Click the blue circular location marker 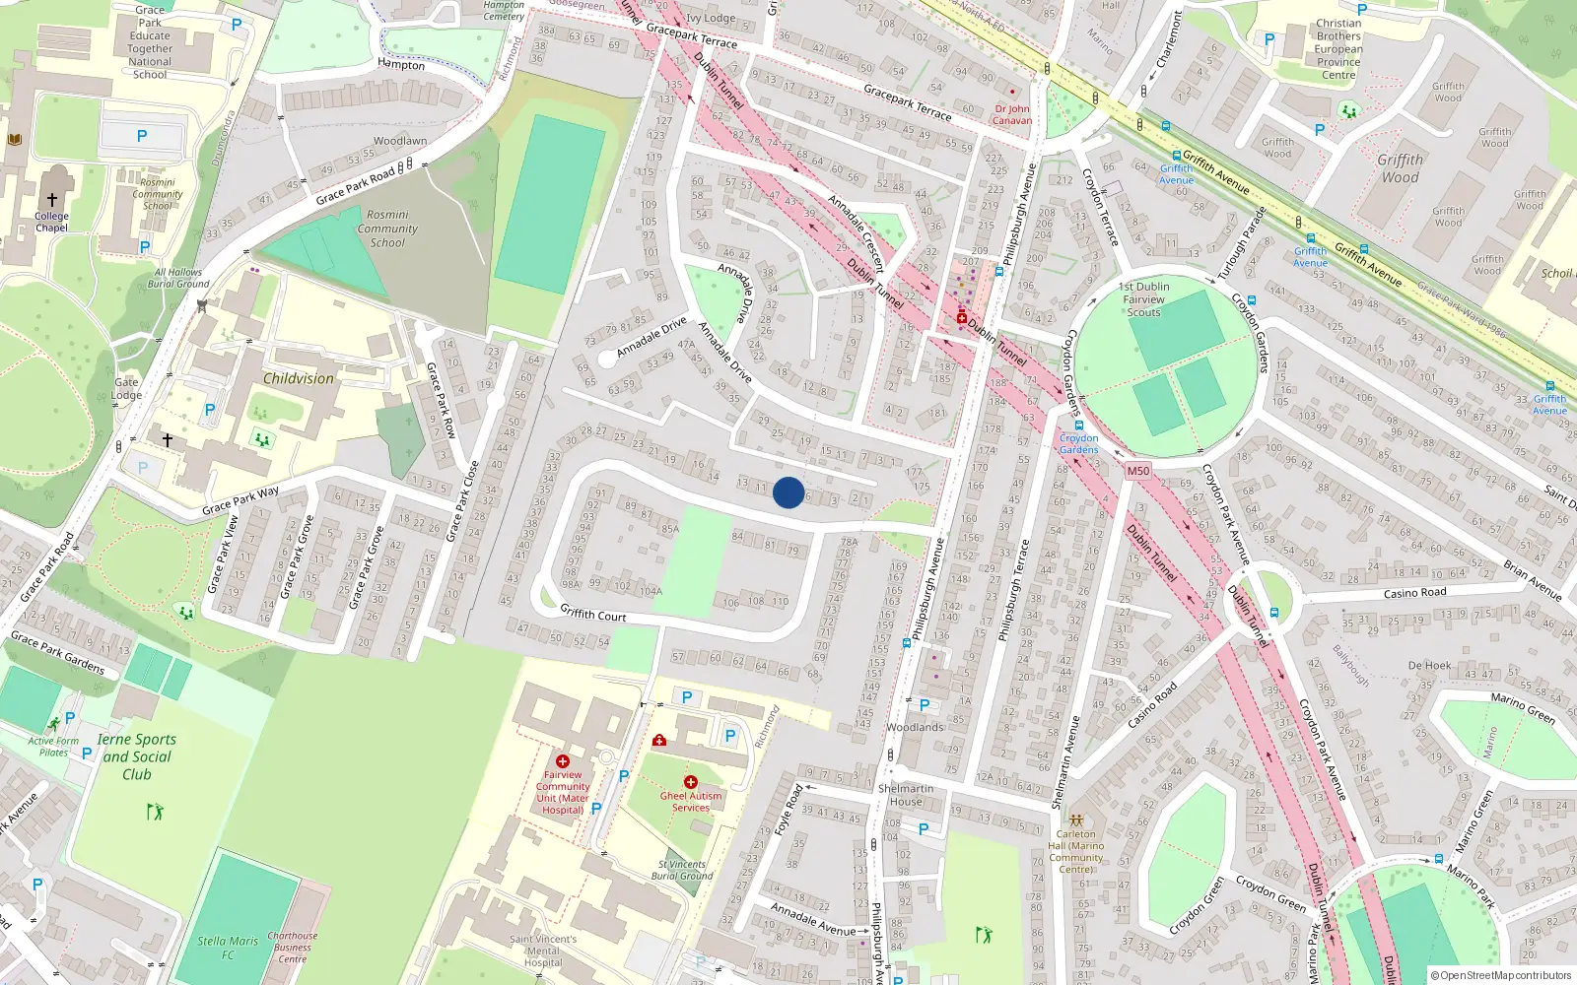pyautogui.click(x=788, y=492)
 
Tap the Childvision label pyautogui.click(x=298, y=378)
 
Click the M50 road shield pyautogui.click(x=1138, y=471)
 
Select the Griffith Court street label pyautogui.click(x=593, y=614)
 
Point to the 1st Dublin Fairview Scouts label pyautogui.click(x=1143, y=299)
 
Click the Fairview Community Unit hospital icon pyautogui.click(x=563, y=761)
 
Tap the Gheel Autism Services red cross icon pyautogui.click(x=690, y=782)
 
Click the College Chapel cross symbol pyautogui.click(x=52, y=200)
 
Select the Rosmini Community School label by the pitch pyautogui.click(x=387, y=229)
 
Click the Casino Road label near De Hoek pyautogui.click(x=1414, y=593)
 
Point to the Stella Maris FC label pyautogui.click(x=227, y=948)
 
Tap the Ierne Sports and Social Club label pyautogui.click(x=137, y=756)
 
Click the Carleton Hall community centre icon pyautogui.click(x=1076, y=820)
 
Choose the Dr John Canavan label pyautogui.click(x=1012, y=114)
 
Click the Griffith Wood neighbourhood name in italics pyautogui.click(x=1400, y=168)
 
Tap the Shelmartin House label pyautogui.click(x=906, y=795)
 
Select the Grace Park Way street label pyautogui.click(x=240, y=500)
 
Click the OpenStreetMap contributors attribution pyautogui.click(x=1501, y=975)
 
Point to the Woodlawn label pyautogui.click(x=400, y=141)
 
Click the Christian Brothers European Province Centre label pyautogui.click(x=1338, y=49)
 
